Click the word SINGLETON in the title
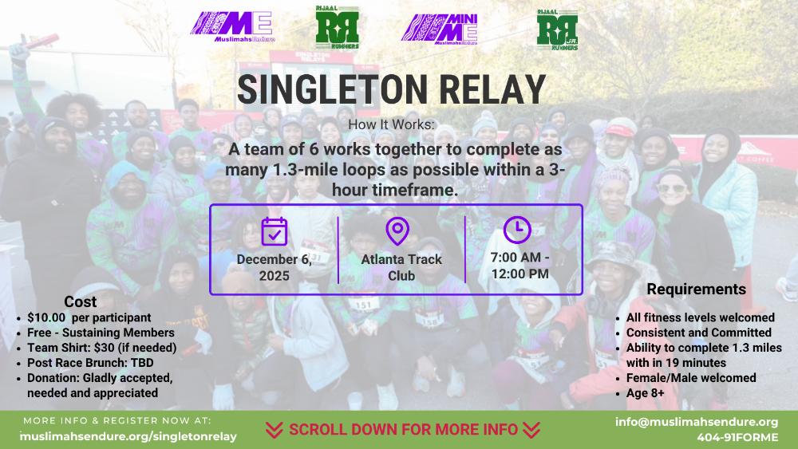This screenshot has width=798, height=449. click(332, 90)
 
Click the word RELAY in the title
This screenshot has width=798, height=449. click(492, 90)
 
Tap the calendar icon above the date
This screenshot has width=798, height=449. click(275, 231)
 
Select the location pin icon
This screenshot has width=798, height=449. click(397, 231)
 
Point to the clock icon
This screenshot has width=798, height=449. click(517, 230)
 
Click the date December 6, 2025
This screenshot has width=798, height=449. click(275, 267)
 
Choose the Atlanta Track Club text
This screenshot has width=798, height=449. click(401, 267)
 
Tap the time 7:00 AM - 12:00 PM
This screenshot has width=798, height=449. click(519, 266)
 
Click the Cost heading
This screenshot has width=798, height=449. click(81, 301)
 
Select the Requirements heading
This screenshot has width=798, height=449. click(696, 289)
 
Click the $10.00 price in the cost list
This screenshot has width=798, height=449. click(46, 317)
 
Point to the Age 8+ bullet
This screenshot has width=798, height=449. click(645, 393)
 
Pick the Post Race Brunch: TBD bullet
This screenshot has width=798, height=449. click(90, 363)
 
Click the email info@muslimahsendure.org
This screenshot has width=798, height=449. click(696, 422)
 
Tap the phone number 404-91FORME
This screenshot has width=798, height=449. click(737, 437)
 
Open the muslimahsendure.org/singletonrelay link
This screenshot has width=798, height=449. click(128, 436)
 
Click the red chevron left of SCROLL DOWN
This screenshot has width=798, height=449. click(274, 430)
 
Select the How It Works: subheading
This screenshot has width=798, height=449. click(392, 124)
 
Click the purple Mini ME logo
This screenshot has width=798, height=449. click(440, 30)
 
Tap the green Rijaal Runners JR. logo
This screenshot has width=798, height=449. click(557, 30)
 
